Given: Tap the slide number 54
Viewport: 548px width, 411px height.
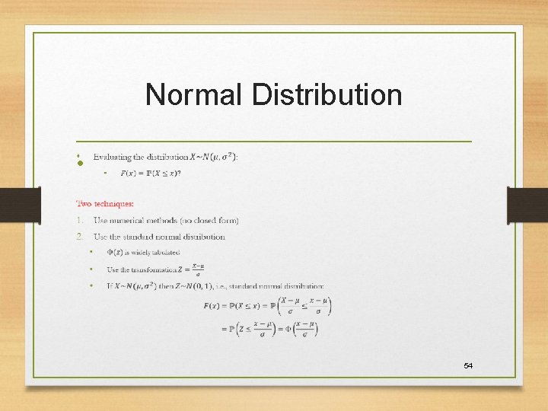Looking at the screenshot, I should [x=468, y=366].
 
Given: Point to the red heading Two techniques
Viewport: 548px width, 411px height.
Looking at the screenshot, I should [x=105, y=203].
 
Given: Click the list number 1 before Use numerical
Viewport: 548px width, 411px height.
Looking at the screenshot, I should [x=79, y=221].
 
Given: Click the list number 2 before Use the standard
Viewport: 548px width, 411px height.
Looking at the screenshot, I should [x=79, y=237].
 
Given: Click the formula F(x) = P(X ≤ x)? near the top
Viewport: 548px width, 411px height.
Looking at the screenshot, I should [x=151, y=174].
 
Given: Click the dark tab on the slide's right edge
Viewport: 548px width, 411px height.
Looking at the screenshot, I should [x=527, y=206].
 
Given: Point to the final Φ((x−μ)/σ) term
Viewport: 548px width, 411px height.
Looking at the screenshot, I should [x=305, y=330].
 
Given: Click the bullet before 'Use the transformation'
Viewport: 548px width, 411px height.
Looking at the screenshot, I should [x=91, y=269].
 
